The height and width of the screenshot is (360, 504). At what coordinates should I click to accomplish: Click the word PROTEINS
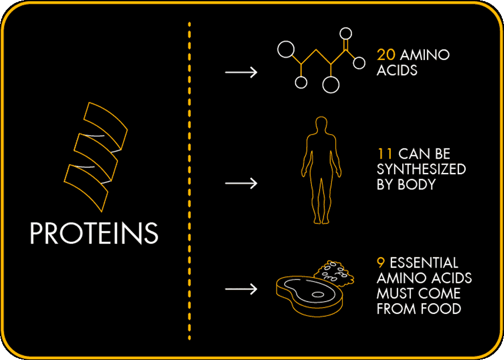point(94,234)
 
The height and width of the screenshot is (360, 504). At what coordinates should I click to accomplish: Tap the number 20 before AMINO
point(386,55)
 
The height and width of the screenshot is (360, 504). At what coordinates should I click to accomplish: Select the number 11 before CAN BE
point(384,154)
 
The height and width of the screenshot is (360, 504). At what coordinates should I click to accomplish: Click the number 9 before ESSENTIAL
point(381,263)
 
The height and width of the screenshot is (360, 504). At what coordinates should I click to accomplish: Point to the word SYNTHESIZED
point(421,169)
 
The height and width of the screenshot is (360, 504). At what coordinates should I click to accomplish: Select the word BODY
point(414,184)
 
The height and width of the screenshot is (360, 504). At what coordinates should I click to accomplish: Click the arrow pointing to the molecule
point(241,72)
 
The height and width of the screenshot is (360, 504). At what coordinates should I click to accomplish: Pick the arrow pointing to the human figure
point(241,183)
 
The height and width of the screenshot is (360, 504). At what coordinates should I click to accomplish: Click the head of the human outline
point(320,124)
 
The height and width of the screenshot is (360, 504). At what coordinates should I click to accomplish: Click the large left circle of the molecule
point(286,49)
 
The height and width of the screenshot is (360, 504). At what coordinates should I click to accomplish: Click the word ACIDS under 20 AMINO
point(397,71)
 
